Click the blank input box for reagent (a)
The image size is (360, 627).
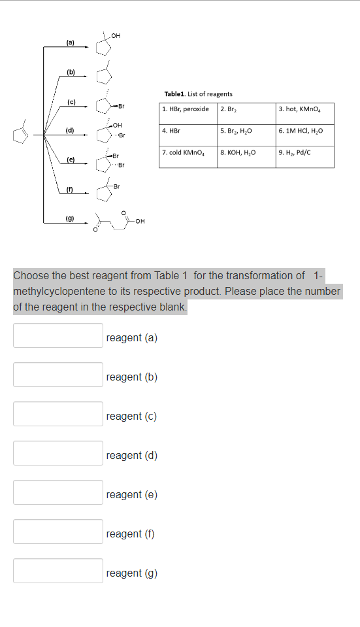[58, 335]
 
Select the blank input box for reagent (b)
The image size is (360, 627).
[58, 375]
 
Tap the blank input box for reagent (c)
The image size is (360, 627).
[58, 414]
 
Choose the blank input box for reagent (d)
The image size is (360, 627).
[58, 453]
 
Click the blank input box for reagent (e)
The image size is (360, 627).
[58, 492]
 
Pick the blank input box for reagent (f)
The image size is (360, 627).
[58, 532]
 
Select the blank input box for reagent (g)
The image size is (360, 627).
[58, 571]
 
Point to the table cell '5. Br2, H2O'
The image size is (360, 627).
[246, 131]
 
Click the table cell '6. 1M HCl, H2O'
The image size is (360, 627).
[304, 131]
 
